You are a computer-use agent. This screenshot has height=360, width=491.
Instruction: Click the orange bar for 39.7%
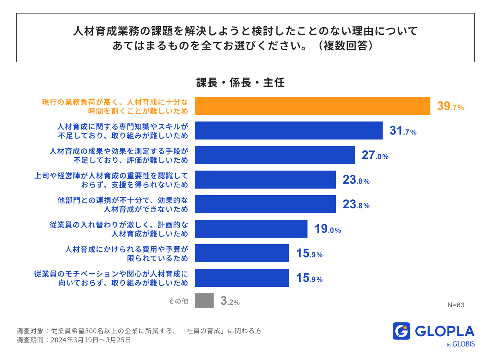pos(312,106)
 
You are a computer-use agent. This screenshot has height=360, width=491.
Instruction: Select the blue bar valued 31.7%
pos(288,130)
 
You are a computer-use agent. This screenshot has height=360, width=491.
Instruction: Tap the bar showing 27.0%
pos(275,155)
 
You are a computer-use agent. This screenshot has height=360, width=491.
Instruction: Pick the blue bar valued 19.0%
pos(251,229)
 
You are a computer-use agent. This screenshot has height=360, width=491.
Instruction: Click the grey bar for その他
pos(204,301)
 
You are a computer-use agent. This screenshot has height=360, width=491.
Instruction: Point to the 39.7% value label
pos(450,107)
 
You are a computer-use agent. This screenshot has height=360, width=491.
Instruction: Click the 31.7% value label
pos(403,131)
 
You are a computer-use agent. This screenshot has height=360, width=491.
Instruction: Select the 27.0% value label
pos(375,156)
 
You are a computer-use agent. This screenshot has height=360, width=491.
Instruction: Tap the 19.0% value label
pos(327,229)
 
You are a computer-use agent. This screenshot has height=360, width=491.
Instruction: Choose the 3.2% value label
pos(230,301)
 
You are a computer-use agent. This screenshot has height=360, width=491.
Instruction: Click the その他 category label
pos(178,301)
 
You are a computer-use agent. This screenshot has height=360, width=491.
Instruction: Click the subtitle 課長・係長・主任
pos(241,83)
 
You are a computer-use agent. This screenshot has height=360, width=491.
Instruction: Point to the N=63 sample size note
pos(456,305)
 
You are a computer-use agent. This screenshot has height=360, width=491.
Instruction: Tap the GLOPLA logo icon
pos(401,331)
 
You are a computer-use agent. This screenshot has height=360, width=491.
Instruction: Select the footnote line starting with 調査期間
pos(74,340)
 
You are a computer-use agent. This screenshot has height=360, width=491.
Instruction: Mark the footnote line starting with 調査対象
pos(139,331)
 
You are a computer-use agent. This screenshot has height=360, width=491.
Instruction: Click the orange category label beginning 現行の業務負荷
pos(115,106)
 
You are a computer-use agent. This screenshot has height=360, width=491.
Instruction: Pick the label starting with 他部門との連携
pos(123,205)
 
